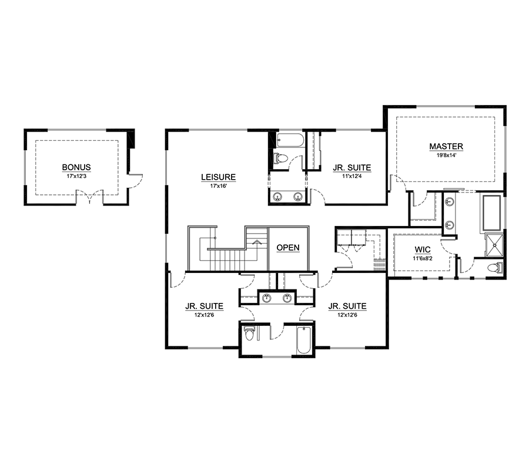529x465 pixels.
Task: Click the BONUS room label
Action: pyautogui.click(x=76, y=167)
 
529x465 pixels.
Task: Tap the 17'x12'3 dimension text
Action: pyautogui.click(x=76, y=176)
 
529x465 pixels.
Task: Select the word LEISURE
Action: pyautogui.click(x=218, y=177)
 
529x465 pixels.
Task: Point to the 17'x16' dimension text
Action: pyautogui.click(x=218, y=186)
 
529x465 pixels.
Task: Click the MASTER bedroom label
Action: pyautogui.click(x=446, y=146)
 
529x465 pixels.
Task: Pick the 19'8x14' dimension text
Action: pyautogui.click(x=446, y=155)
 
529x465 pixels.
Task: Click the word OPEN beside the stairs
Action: pyautogui.click(x=288, y=248)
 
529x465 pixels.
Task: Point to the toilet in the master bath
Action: pyautogui.click(x=495, y=268)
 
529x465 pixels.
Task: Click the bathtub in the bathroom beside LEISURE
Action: pyautogui.click(x=289, y=140)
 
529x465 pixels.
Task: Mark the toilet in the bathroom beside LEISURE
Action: pyautogui.click(x=280, y=158)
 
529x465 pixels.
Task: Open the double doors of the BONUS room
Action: pyautogui.click(x=89, y=198)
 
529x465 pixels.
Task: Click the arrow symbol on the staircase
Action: pyautogui.click(x=256, y=241)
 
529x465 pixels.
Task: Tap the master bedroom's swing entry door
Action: pyautogui.click(x=403, y=185)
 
